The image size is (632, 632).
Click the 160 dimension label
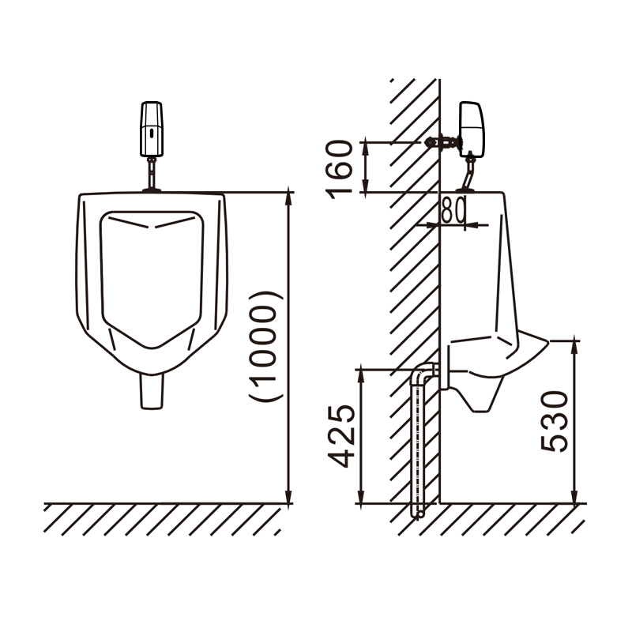[340, 169]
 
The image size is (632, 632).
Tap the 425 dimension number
[341, 436]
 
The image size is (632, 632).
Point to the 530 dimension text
[555, 421]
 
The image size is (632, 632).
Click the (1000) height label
[264, 347]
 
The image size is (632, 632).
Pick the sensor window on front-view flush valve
[151, 133]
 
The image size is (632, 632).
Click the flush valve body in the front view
[152, 129]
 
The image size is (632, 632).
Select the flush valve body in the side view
[472, 130]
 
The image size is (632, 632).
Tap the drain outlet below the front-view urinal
[152, 391]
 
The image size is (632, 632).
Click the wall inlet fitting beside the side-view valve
[442, 142]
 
